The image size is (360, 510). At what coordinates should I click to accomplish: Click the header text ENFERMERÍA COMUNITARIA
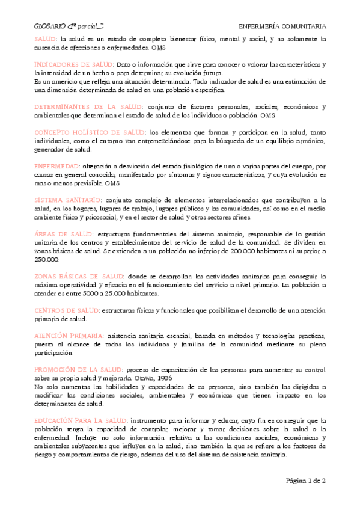coord(282,26)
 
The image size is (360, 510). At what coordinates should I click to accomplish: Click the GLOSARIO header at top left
coord(61,26)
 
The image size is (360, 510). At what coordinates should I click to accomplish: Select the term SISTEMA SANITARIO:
coord(68,199)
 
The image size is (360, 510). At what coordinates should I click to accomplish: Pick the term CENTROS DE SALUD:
coord(66,310)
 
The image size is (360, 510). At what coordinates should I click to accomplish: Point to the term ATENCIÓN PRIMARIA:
coord(69,335)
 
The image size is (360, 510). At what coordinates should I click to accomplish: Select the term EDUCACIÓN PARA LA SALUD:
coord(81,420)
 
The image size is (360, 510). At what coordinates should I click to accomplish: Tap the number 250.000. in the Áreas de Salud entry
coord(47,259)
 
